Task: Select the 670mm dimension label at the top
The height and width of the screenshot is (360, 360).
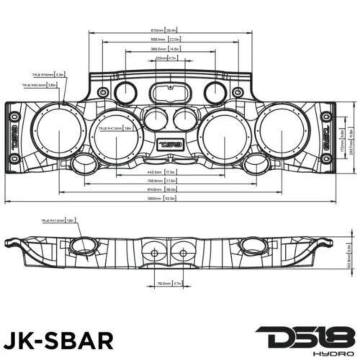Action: coord(165,31)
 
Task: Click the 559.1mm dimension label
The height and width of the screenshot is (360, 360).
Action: coord(168,40)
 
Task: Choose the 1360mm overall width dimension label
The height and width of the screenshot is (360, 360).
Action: coord(165,198)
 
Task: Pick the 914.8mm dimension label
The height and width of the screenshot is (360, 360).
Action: coord(165,190)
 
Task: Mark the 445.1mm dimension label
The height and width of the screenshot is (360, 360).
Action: coord(165,172)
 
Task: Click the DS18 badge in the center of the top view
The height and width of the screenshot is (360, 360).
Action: coord(171,144)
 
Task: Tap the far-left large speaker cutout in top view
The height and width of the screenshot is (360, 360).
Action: coord(59,130)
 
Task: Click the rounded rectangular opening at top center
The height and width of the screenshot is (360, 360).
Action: coord(170,91)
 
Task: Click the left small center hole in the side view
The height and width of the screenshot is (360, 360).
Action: coord(154,253)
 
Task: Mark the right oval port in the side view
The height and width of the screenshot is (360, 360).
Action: coord(254,245)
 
